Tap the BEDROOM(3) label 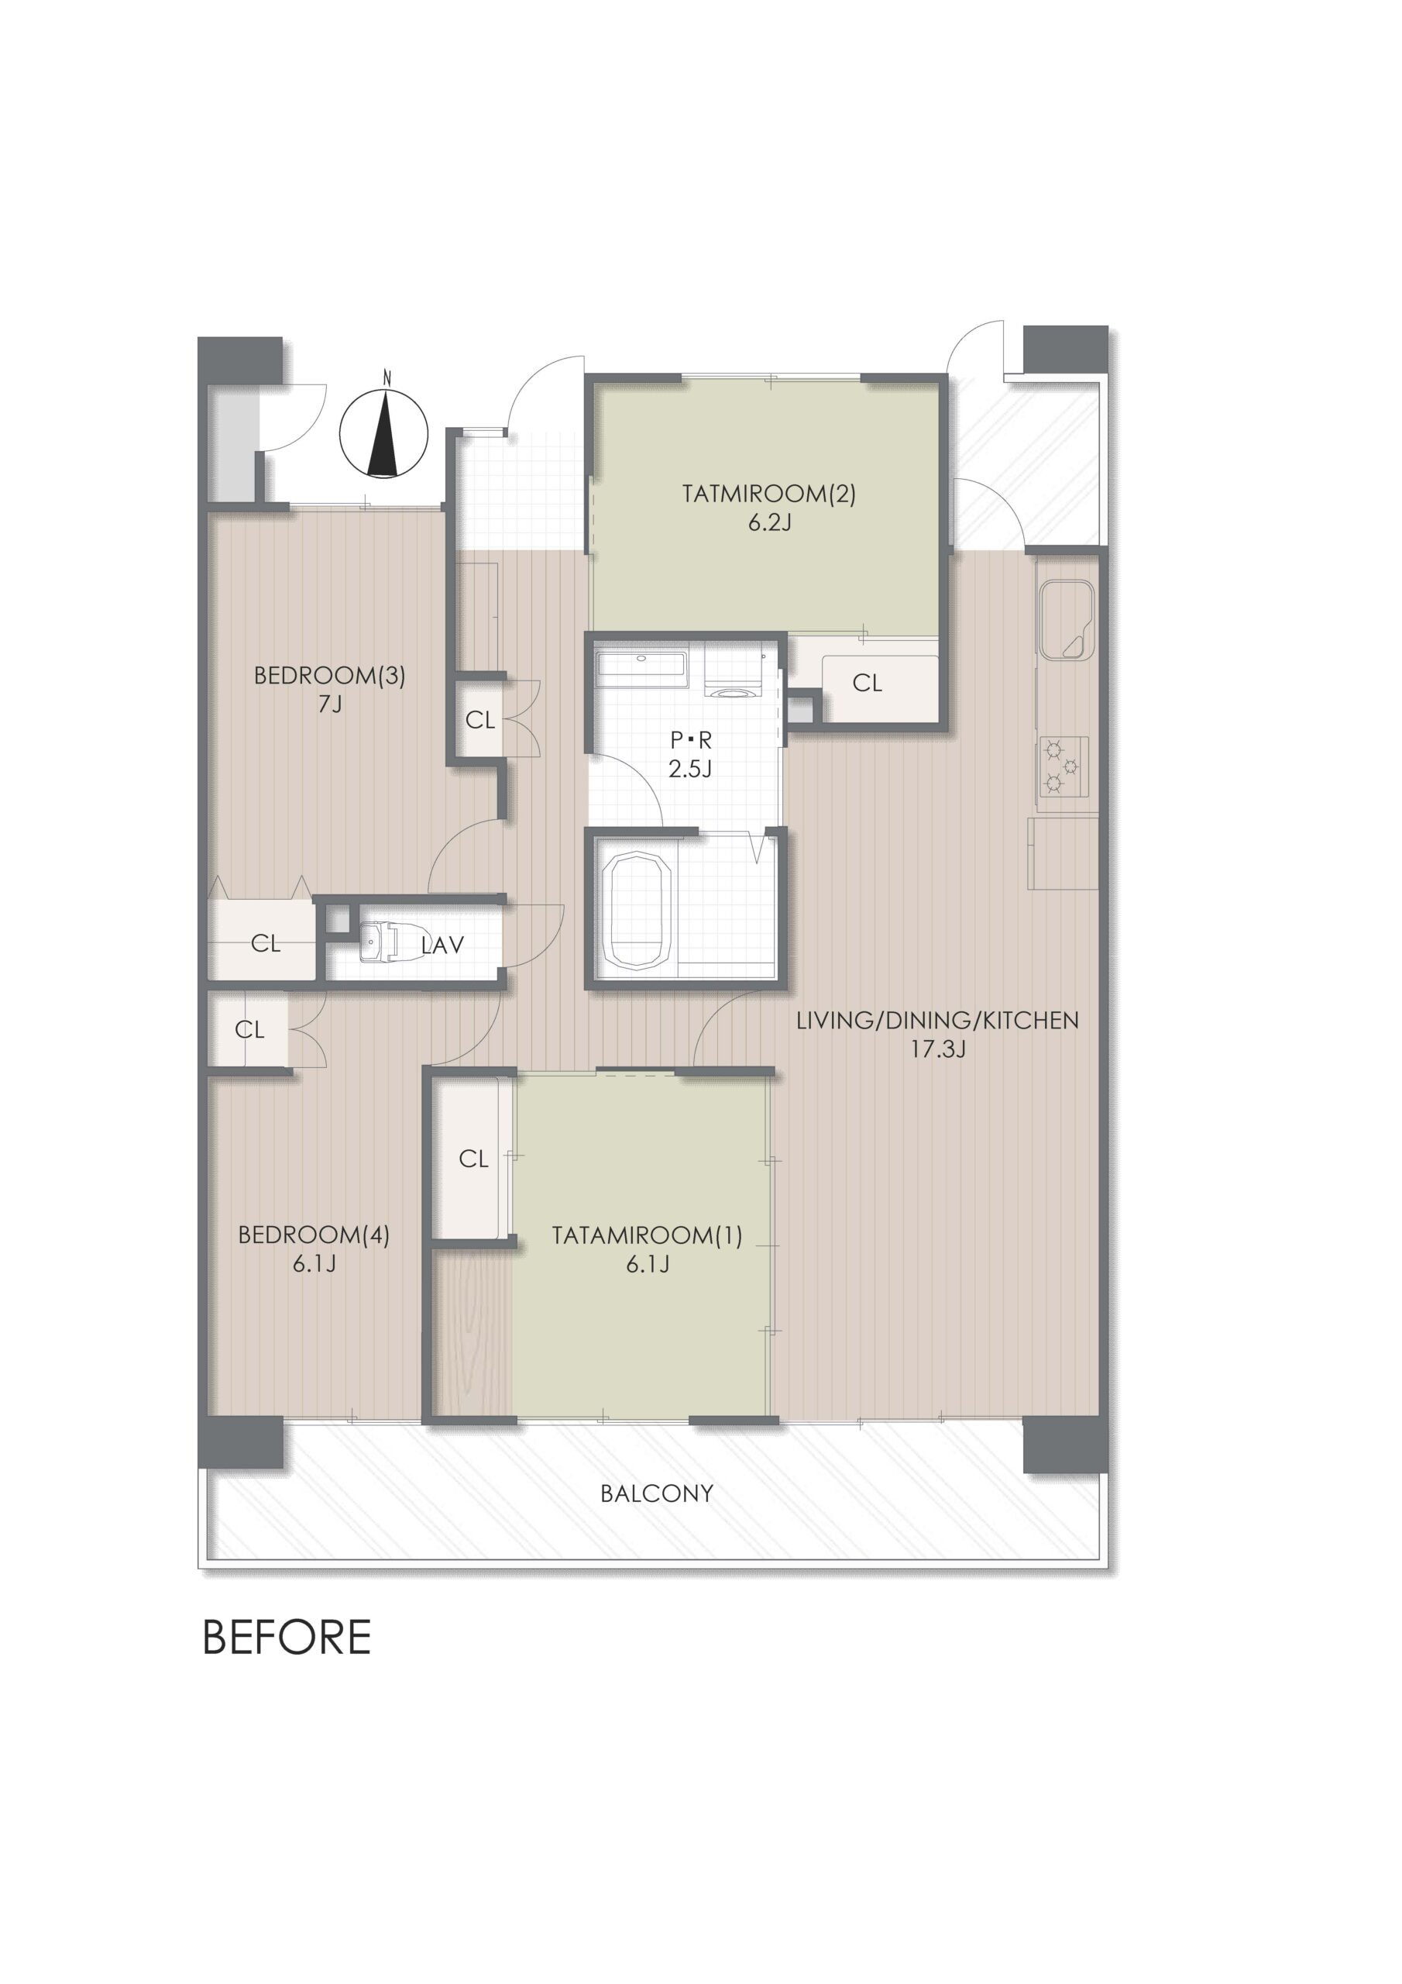[329, 676]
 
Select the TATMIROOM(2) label [769, 494]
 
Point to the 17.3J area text [937, 1049]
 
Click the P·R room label [691, 741]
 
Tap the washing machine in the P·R [730, 675]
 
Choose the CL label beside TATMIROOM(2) [868, 684]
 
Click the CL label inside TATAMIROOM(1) [473, 1159]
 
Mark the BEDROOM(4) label [314, 1235]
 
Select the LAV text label [442, 945]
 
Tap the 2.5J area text [690, 768]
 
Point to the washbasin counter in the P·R [641, 670]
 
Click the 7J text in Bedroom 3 [330, 704]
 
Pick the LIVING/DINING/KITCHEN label [937, 1021]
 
